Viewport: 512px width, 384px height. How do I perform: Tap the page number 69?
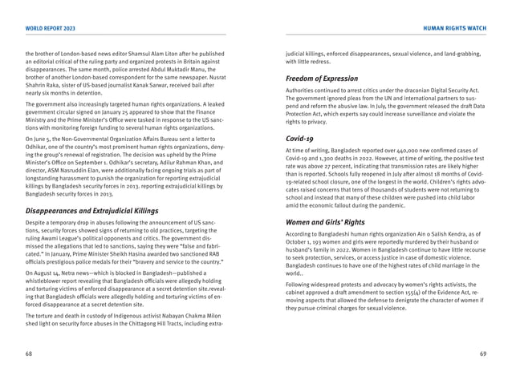[x=483, y=353]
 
